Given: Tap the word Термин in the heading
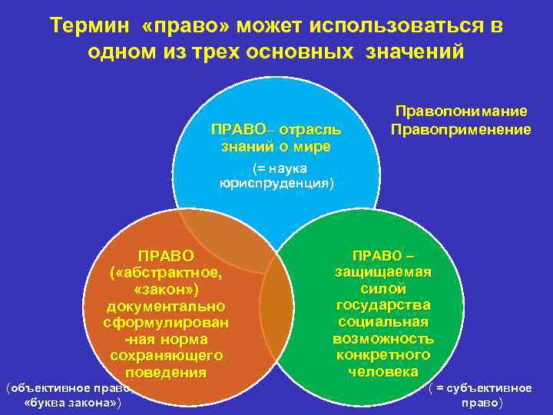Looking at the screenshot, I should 91,26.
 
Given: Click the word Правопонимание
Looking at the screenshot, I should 460,112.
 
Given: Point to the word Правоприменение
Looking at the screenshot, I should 460,129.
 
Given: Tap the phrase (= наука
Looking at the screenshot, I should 280,168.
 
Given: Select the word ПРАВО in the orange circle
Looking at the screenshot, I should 165,254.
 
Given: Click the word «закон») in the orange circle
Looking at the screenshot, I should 165,288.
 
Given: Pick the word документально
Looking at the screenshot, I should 165,306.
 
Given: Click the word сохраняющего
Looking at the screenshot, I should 167,356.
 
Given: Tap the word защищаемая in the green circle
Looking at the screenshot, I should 382,271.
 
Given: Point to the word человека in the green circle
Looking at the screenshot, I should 382,371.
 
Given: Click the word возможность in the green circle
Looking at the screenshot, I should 382,338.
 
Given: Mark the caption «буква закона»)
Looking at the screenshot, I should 72,403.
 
